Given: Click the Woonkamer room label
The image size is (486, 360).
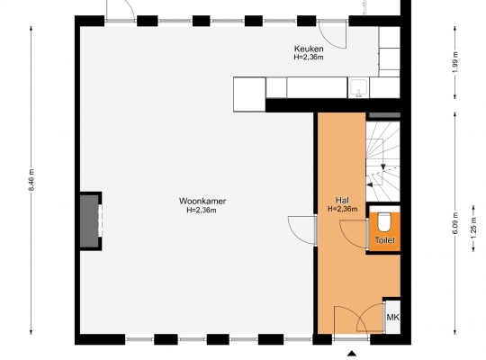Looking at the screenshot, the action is tap(202, 201).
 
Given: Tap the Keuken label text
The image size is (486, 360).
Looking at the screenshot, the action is tap(309, 49).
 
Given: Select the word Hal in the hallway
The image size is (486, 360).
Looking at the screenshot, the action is tap(342, 200).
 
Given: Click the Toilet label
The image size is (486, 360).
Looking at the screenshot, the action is tap(384, 240).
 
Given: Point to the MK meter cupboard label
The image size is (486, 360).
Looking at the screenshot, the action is tap(392, 317).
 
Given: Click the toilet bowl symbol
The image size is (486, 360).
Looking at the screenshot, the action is tap(384, 222).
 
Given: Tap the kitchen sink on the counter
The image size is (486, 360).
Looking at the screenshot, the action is tap(359, 88).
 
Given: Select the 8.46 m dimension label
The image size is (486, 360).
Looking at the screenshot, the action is tap(31, 180).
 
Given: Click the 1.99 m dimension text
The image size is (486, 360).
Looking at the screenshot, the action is tap(455, 62).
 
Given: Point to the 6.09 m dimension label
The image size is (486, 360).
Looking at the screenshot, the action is tap(455, 223).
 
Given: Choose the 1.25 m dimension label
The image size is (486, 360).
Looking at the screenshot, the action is tap(473, 228).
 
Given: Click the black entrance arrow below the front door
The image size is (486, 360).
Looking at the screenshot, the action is tap(352, 353).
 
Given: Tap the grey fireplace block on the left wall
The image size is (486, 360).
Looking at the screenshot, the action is tap(89, 221).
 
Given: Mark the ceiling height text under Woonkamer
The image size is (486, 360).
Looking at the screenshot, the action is tap(202, 211).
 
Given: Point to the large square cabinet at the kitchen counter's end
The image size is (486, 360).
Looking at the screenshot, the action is tap(249, 94).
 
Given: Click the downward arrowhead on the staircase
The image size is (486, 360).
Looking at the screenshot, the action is tap(383, 167).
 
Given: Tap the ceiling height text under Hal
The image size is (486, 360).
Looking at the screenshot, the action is tap(343, 209).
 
